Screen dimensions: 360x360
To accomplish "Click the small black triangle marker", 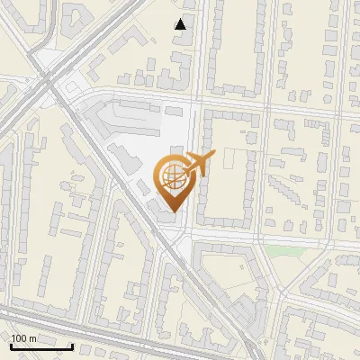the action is coord(181,24).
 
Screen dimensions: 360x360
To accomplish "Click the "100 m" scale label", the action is coord(23,338).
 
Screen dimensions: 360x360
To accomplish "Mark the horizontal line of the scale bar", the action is coord(40,346).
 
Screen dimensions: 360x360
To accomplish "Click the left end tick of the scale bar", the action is coord(10,345).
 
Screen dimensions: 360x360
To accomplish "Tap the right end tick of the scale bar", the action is coord(72,345).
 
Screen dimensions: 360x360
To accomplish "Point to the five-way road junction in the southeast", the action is coord(270,297).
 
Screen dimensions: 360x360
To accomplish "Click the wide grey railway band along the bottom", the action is coord(135,326).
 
